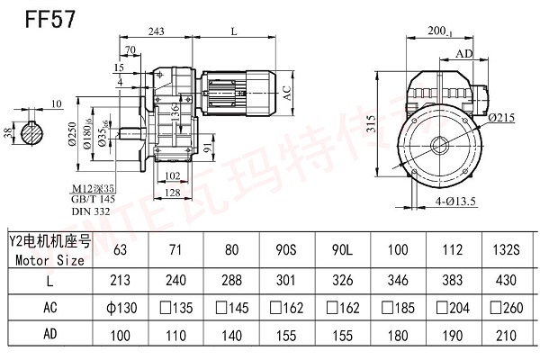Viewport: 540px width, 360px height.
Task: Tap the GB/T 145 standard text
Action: (94, 200)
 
